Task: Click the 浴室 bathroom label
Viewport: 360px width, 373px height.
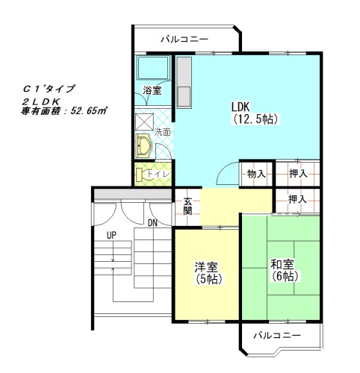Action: click(152, 90)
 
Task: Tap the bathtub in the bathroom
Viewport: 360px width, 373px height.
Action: click(153, 68)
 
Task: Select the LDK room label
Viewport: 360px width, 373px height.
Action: click(240, 107)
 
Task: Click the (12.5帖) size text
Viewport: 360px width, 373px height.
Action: click(256, 119)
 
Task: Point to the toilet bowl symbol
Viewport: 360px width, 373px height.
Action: click(140, 175)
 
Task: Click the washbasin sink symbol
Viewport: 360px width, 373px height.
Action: click(143, 146)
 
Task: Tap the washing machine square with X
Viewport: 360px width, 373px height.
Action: click(144, 122)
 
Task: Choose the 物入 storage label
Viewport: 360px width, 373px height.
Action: click(256, 174)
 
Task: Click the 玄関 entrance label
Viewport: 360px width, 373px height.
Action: click(187, 206)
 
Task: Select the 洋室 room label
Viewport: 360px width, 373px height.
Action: click(206, 267)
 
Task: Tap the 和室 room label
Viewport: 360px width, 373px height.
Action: click(282, 265)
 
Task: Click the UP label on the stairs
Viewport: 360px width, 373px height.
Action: click(111, 235)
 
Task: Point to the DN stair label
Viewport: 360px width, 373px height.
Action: click(152, 223)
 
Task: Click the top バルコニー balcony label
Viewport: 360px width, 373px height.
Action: click(184, 40)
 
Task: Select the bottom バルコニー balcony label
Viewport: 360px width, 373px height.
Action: click(277, 336)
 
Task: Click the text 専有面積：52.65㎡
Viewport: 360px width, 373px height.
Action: click(63, 111)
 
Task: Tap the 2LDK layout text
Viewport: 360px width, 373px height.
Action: click(41, 101)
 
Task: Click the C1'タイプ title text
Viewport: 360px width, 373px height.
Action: click(49, 89)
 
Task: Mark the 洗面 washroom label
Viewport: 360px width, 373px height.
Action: click(163, 132)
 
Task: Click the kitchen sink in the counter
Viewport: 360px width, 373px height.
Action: click(184, 97)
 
